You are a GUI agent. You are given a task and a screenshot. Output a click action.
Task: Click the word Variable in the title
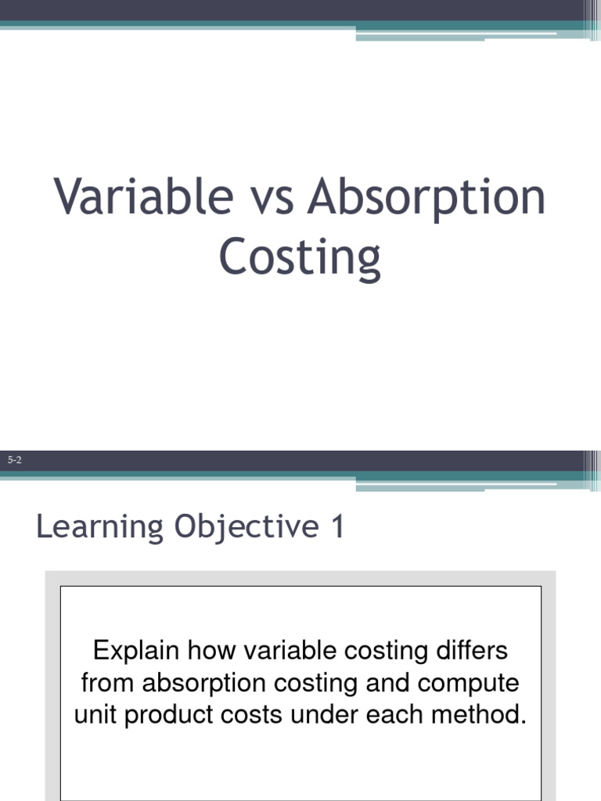143,197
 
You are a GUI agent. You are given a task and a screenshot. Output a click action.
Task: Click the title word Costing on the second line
300,258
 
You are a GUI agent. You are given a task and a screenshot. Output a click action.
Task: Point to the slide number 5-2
14,461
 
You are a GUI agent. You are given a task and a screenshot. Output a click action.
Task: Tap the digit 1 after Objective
337,527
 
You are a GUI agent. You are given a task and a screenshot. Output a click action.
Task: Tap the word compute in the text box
468,683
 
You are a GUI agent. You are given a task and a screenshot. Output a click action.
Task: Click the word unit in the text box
93,715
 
